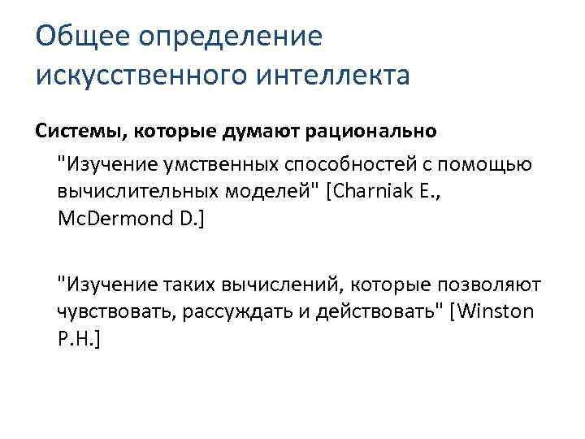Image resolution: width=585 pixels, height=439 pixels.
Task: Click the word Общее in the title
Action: coord(82,37)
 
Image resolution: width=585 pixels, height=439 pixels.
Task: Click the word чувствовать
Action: coord(105,311)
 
